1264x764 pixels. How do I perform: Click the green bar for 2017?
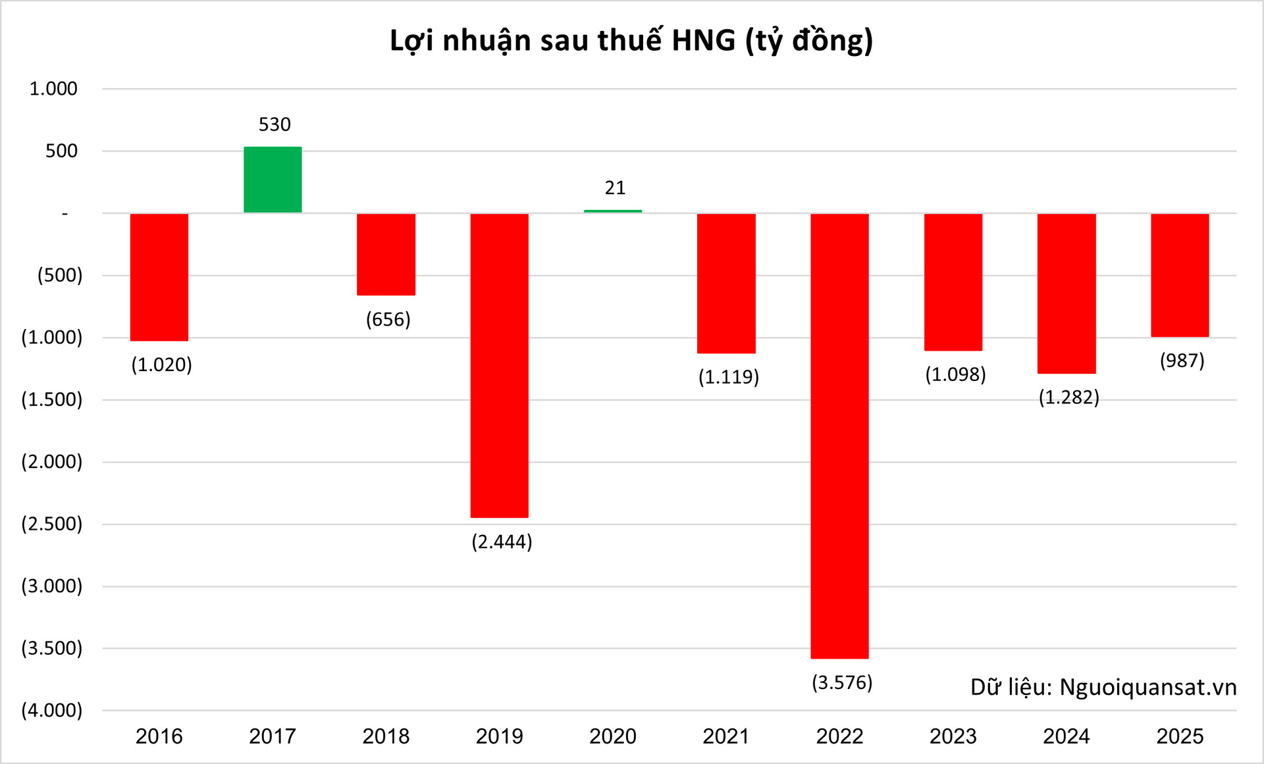pyautogui.click(x=273, y=180)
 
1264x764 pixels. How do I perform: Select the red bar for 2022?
pyautogui.click(x=839, y=436)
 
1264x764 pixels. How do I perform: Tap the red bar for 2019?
pyautogui.click(x=499, y=365)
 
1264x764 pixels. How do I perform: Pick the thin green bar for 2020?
pyautogui.click(x=613, y=211)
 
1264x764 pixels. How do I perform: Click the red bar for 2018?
pyautogui.click(x=386, y=254)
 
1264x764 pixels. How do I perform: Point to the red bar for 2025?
pyautogui.click(x=1180, y=275)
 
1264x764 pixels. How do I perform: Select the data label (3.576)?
pyautogui.click(x=842, y=682)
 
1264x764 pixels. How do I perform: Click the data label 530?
pyautogui.click(x=275, y=124)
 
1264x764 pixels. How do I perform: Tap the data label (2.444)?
pyautogui.click(x=502, y=542)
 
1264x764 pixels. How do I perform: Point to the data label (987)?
pyautogui.click(x=1182, y=361)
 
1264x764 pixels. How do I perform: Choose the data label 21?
pyautogui.click(x=615, y=188)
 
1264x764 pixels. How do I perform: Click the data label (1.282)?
pyautogui.click(x=1068, y=397)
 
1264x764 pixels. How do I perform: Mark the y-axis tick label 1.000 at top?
pyautogui.click(x=53, y=89)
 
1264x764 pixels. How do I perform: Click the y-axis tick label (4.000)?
pyautogui.click(x=52, y=710)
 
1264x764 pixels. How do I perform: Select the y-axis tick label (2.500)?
pyautogui.click(x=52, y=524)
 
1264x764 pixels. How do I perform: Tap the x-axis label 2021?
pyautogui.click(x=726, y=736)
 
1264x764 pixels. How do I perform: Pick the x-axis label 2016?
pyautogui.click(x=159, y=736)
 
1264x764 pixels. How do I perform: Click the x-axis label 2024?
pyautogui.click(x=1066, y=736)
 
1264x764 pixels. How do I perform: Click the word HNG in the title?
pyautogui.click(x=703, y=41)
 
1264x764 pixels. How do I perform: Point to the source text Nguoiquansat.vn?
pyautogui.click(x=1147, y=688)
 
